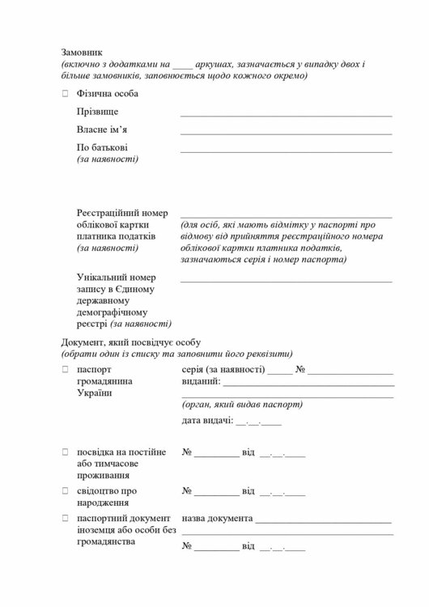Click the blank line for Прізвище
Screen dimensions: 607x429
(286, 115)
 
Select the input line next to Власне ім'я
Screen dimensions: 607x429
(286, 133)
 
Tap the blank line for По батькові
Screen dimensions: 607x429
(286, 151)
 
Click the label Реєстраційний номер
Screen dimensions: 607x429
(122, 212)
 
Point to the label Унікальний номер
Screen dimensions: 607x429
(117, 277)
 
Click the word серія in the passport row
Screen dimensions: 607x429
(194, 369)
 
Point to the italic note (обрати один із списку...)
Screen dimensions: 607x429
(176, 354)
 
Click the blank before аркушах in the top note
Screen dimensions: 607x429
(184, 64)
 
